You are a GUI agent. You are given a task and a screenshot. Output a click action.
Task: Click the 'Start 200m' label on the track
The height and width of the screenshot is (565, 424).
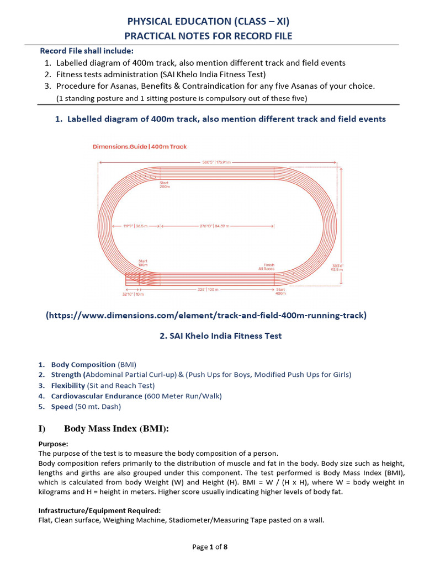click(165, 185)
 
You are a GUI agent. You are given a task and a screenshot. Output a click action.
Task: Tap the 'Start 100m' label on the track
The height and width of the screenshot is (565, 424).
click(142, 263)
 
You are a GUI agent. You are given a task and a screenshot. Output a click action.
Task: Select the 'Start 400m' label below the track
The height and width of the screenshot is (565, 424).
click(280, 292)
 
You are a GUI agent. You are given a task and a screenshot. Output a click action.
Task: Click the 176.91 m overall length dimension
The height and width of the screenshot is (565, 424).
click(216, 162)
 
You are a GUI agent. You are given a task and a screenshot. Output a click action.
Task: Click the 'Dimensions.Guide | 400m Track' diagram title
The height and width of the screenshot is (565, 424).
click(139, 147)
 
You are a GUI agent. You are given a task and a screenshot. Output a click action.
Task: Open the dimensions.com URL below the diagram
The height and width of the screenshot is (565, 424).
click(206, 316)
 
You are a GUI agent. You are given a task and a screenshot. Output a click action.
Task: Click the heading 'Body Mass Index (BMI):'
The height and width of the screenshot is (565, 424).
click(116, 429)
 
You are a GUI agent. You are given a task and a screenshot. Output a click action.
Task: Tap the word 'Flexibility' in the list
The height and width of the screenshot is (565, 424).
click(68, 386)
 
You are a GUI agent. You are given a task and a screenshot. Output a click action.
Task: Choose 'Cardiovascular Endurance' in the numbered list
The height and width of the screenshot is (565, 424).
click(97, 396)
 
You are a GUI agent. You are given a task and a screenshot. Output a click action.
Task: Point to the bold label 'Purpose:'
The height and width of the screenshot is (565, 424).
click(53, 443)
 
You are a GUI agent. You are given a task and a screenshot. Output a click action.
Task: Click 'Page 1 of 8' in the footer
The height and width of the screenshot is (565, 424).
click(210, 547)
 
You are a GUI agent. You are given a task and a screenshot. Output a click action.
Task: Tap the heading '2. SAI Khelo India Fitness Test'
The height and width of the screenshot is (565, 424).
click(213, 335)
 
